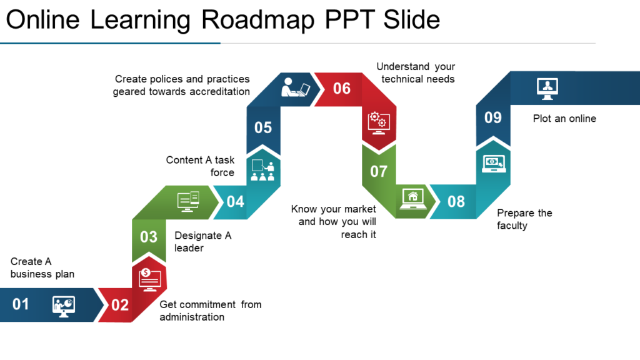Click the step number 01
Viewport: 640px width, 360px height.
21,304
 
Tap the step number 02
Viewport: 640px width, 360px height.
119,305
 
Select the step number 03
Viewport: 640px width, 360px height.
149,237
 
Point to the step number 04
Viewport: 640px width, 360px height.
235,202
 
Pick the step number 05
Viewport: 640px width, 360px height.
263,127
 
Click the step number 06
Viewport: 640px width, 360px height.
342,88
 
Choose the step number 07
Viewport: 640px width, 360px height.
378,171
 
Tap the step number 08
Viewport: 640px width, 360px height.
456,202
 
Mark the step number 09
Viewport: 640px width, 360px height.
492,117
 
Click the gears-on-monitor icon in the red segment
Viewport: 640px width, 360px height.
379,123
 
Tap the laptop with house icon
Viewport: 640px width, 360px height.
412,199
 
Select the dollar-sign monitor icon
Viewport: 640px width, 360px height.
150,279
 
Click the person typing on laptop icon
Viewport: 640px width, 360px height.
296,87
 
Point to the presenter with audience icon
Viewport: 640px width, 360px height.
263,170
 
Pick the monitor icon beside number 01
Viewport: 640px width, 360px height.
64,306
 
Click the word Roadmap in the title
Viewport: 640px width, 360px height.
258,20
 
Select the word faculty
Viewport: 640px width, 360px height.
512,226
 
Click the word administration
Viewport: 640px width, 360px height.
192,317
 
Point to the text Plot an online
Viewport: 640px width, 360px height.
564,118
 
